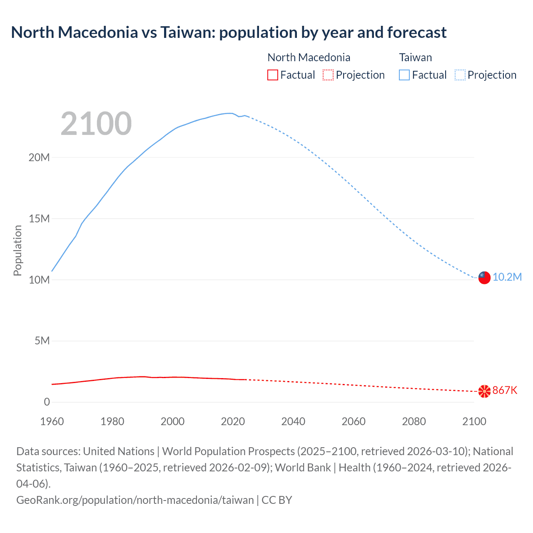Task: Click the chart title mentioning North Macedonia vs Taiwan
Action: [x=229, y=32]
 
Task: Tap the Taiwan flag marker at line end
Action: [x=484, y=277]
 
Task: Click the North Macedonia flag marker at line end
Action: [x=484, y=391]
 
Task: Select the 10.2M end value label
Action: [x=507, y=277]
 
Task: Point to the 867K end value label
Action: [x=505, y=391]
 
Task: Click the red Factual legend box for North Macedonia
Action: [x=273, y=75]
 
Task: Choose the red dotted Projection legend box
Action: [x=328, y=75]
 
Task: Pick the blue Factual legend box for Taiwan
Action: [x=404, y=75]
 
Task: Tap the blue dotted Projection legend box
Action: [x=460, y=75]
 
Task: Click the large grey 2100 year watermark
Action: [x=96, y=124]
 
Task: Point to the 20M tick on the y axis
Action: [x=39, y=158]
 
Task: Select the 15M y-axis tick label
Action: [x=39, y=219]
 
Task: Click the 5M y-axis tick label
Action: [x=42, y=341]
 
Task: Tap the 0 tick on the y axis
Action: [x=47, y=402]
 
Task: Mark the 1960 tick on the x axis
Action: [x=52, y=421]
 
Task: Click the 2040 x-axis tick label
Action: [x=293, y=421]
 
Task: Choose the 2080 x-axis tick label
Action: [x=414, y=421]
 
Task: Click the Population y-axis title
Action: [x=17, y=250]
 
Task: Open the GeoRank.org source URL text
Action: [x=135, y=500]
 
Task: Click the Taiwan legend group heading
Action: [x=415, y=57]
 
